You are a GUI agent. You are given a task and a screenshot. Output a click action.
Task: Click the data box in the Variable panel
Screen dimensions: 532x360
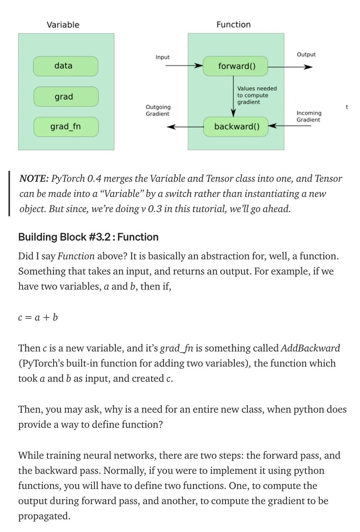65,66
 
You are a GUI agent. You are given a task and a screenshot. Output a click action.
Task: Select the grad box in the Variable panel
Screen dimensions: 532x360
65,97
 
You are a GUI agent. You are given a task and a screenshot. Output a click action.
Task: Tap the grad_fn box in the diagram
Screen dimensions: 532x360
65,127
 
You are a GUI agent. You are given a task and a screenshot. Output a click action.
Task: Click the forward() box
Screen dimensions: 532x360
236,66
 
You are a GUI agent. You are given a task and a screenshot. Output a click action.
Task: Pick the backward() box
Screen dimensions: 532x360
236,127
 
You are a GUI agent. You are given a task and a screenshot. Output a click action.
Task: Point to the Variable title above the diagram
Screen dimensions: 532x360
63,25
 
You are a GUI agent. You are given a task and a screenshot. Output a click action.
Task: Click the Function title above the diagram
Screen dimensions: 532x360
233,25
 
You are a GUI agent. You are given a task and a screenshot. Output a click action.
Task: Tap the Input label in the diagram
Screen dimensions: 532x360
162,57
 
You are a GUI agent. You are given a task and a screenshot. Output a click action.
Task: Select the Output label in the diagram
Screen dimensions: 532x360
306,55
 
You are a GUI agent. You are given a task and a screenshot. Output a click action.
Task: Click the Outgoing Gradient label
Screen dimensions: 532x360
157,110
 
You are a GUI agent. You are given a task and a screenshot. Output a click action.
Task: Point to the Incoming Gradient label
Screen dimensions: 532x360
308,116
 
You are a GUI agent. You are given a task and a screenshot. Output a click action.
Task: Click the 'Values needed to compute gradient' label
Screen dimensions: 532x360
257,95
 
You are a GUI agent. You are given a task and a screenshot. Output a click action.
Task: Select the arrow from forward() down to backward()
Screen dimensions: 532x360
234,95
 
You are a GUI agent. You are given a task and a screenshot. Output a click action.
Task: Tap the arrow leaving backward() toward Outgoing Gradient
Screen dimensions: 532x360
184,127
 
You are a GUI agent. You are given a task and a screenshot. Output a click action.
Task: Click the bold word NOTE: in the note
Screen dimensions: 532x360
34,179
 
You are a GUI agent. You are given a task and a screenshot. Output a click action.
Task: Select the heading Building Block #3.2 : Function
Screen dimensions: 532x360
88,237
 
